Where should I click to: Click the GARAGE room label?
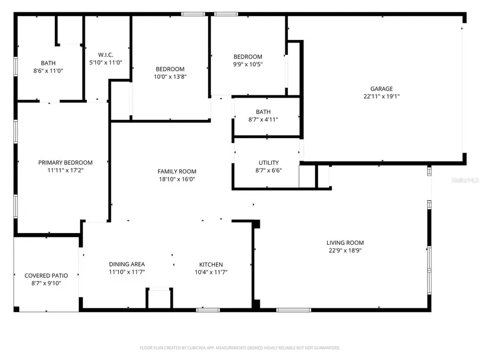coord(381,89)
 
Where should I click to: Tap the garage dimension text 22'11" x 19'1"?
coord(381,97)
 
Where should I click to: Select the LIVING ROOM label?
coord(345,242)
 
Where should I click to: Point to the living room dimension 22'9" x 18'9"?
coord(345,250)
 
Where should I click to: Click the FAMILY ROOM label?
coord(177,171)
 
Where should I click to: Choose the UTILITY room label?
coord(269,163)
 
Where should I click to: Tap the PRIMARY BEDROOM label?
coord(65,163)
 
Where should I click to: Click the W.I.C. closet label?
coord(106,54)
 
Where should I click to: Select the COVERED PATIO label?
coord(46,276)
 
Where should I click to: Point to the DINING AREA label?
coord(127,264)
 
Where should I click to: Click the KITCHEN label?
coord(211,265)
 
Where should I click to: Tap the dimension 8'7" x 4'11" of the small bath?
coord(263,119)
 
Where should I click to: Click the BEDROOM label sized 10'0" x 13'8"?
coord(170,69)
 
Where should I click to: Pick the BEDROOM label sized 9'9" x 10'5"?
coord(248,57)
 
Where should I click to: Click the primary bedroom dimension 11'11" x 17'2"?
coord(65,171)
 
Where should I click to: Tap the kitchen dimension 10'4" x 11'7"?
coord(211,272)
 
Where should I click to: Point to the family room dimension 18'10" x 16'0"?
coord(177,179)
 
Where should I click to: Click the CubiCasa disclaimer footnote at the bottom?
coord(240,348)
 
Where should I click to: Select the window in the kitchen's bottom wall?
coord(207,309)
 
